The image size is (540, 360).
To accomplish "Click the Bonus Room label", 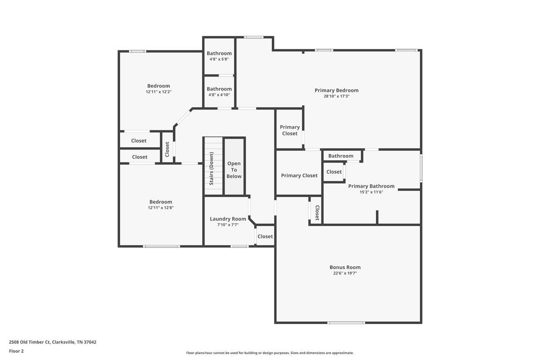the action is [x=345, y=267].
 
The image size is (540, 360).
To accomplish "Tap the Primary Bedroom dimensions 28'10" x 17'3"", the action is [x=337, y=96].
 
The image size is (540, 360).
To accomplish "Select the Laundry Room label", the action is [x=228, y=219].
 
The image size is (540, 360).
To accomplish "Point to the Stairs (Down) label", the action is [x=211, y=169].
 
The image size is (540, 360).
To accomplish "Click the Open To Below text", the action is [x=234, y=170].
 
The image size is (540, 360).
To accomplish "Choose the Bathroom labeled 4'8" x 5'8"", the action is [x=219, y=53].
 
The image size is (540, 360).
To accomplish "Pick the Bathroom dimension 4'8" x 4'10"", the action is [x=219, y=95].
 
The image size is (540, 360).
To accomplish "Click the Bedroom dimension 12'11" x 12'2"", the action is [x=158, y=92].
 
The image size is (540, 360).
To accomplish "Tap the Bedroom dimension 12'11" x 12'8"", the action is [x=161, y=208].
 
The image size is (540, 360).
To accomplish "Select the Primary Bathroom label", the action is [x=371, y=186].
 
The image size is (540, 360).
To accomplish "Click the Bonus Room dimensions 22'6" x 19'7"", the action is [x=345, y=273].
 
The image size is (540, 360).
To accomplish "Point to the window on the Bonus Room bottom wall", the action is [x=346, y=323].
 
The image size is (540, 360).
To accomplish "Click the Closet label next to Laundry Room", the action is [x=265, y=237].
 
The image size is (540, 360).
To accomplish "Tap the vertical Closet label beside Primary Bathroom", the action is [x=317, y=213].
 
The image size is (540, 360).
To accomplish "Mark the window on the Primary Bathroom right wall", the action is [x=421, y=168].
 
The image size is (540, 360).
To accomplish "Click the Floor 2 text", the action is [x=16, y=351].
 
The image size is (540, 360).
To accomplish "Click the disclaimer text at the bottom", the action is [x=270, y=353].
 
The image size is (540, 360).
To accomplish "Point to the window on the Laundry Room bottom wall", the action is [x=239, y=246].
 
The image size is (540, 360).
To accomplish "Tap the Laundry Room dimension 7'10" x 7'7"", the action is [x=228, y=225].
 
